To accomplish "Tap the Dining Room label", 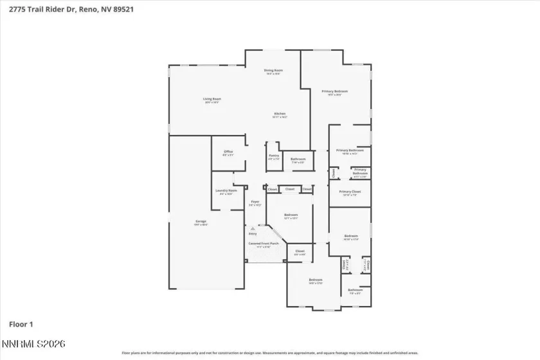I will (x=273, y=71).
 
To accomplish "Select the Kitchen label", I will (x=278, y=115).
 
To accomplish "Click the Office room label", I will (x=228, y=153).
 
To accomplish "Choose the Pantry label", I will (x=273, y=157).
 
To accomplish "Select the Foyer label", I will (x=255, y=203).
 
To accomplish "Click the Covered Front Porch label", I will (x=264, y=244).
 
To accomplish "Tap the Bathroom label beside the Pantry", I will (x=298, y=160).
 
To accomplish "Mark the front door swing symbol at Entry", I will (x=253, y=228).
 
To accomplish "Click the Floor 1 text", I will (x=21, y=324).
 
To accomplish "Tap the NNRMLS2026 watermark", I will (x=33, y=345).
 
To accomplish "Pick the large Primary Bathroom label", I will (x=350, y=152).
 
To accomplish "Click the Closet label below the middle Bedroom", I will (x=300, y=252).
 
